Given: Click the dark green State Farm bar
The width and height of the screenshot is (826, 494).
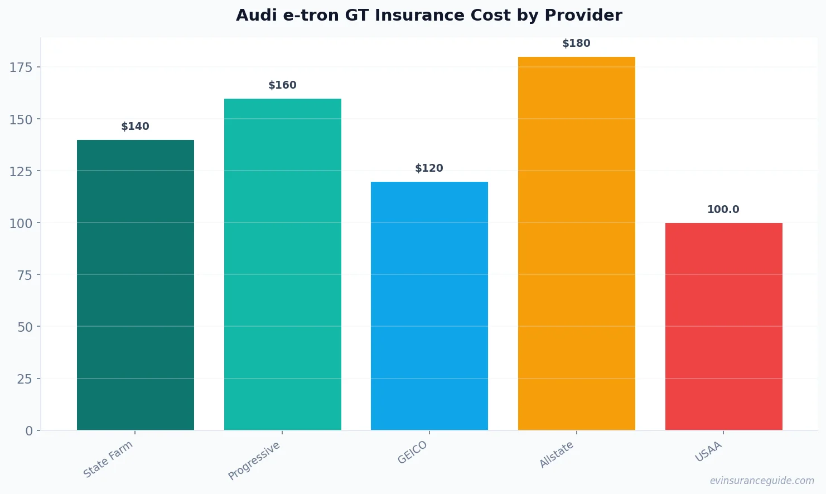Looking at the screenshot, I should [136, 285].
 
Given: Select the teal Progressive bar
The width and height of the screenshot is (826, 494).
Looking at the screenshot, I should [282, 264].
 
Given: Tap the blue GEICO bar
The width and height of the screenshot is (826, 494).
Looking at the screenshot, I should [429, 306].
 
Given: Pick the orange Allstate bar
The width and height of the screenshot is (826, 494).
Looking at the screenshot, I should [576, 243].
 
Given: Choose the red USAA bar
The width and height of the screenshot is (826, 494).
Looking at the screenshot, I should [723, 326].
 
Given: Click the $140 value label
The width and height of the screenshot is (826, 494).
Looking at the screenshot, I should [136, 127].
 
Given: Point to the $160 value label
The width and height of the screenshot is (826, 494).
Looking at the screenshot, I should [282, 85].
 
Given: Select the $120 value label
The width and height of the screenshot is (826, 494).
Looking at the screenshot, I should [429, 168].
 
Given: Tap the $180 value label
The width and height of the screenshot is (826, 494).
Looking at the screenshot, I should [576, 43].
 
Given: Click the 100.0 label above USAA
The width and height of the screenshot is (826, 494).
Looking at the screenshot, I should [723, 210].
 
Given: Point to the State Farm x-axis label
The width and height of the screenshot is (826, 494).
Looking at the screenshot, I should [108, 459].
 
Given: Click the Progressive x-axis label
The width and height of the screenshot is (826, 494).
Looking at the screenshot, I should [254, 461].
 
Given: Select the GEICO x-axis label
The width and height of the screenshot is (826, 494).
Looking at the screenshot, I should [413, 452].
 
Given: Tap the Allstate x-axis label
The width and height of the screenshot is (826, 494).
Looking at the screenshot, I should [557, 454].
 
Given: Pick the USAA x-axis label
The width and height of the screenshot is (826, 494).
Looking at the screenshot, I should [708, 452].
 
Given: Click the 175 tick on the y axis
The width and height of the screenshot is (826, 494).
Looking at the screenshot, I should [21, 67].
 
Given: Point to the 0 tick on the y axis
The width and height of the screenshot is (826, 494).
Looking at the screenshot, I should [29, 431].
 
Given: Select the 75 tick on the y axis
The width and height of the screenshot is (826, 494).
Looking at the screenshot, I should [25, 275].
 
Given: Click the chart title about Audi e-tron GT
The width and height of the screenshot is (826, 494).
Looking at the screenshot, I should [429, 16].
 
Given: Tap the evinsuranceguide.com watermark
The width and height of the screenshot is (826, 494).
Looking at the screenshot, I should [762, 481].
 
